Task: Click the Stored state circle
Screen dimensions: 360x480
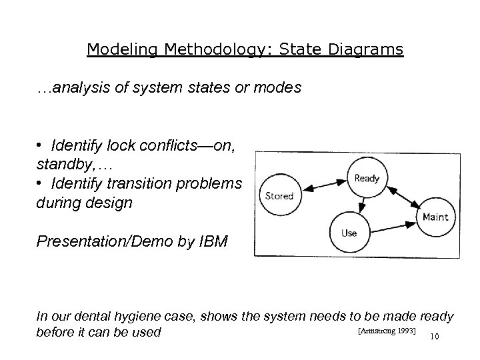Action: pos(279,196)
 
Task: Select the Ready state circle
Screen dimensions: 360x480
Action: pos(366,179)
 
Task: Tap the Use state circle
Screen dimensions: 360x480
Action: pos(349,233)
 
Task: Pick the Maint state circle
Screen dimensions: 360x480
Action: pos(435,217)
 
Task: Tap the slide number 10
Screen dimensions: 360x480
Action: pos(436,335)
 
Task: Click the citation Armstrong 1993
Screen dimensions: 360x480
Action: pos(387,330)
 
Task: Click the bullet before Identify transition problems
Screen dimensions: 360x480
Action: pos(41,184)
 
